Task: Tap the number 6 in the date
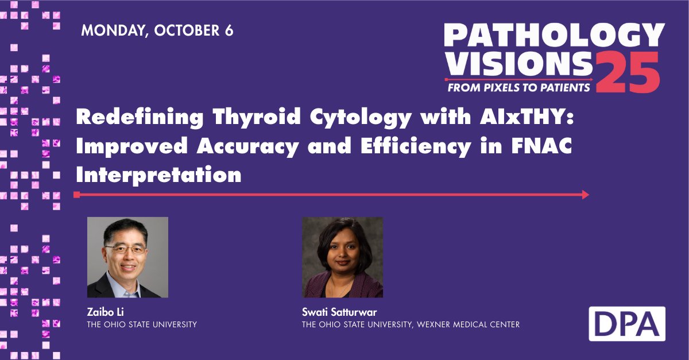point(229,30)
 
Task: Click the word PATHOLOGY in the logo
point(554,37)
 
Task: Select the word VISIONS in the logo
point(517,65)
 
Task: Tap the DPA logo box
point(627,324)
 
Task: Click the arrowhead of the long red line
point(585,195)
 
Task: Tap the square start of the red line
point(76,195)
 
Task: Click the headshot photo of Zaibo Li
point(127,257)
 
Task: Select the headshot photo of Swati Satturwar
point(343,257)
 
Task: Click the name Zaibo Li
point(104,313)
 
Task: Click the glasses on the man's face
point(125,249)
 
